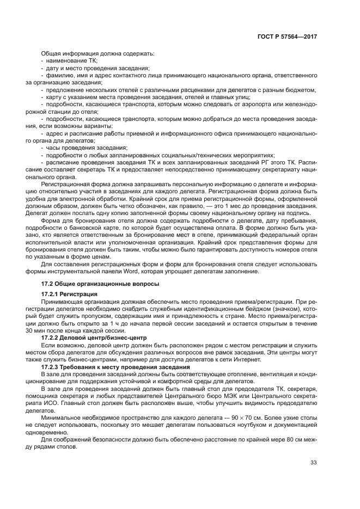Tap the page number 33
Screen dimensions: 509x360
coord(314,463)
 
